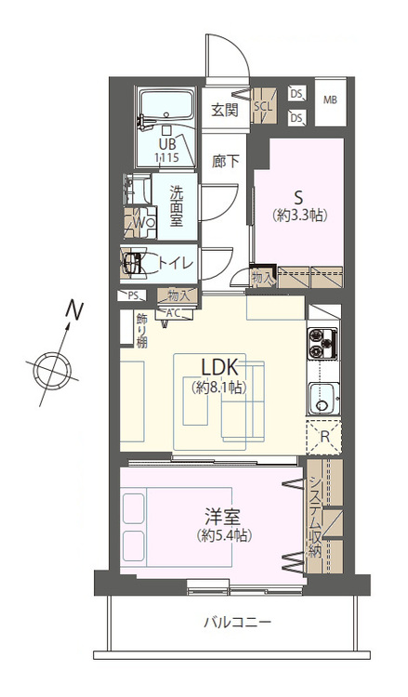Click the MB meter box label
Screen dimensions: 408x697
click(x=330, y=100)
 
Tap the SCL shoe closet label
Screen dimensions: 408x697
click(x=263, y=107)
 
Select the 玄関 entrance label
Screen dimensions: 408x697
click(x=224, y=110)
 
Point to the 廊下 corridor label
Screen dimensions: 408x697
click(x=225, y=162)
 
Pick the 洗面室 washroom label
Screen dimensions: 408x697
click(x=176, y=205)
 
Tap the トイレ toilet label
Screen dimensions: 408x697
click(x=176, y=263)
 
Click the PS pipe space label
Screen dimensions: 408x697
click(x=133, y=296)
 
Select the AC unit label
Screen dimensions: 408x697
click(x=174, y=313)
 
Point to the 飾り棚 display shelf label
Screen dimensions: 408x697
click(x=142, y=331)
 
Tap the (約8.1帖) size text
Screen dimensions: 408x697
click(x=219, y=388)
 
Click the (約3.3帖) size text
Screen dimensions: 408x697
click(x=300, y=216)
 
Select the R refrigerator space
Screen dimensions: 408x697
click(x=324, y=437)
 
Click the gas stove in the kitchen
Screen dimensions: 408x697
click(x=322, y=343)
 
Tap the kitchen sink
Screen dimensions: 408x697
click(x=324, y=398)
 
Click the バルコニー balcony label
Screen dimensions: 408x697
click(x=237, y=622)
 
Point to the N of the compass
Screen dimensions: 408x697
click(x=74, y=309)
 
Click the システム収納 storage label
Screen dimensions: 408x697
click(x=315, y=518)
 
